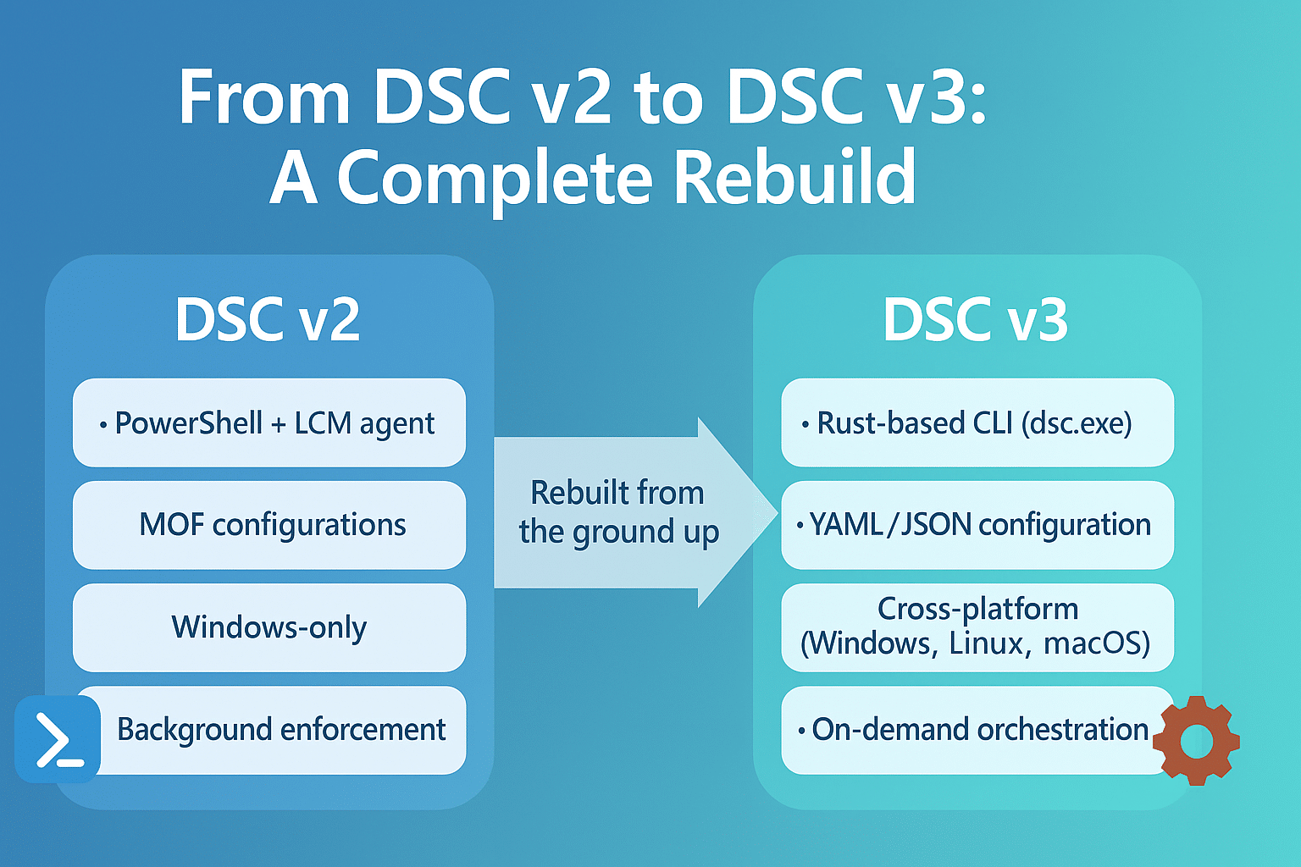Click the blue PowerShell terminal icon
click(x=58, y=738)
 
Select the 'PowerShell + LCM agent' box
click(x=269, y=422)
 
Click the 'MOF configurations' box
click(x=269, y=525)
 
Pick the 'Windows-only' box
click(x=269, y=627)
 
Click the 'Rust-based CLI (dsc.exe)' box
click(x=977, y=422)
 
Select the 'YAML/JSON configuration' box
click(x=977, y=525)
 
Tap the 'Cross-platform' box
click(x=977, y=627)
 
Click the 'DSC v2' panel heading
click(x=268, y=319)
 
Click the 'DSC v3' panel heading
click(x=976, y=319)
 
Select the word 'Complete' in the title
click(x=495, y=179)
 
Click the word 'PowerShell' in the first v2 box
click(x=188, y=422)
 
